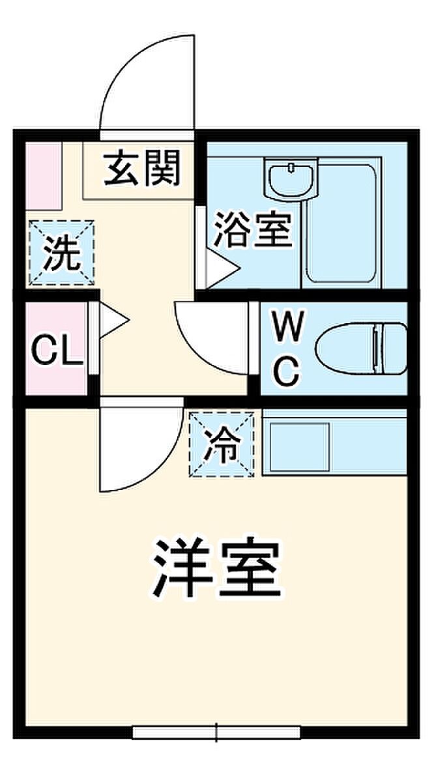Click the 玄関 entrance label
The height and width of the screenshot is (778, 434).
142,168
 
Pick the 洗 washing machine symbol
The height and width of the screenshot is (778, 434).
61,253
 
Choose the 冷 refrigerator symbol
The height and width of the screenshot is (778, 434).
222,445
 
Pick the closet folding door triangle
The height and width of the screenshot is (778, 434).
113,319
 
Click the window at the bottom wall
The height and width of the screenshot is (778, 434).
216,732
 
